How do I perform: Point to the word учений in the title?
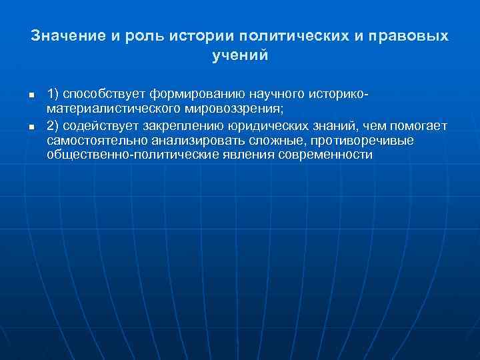[239, 57]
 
